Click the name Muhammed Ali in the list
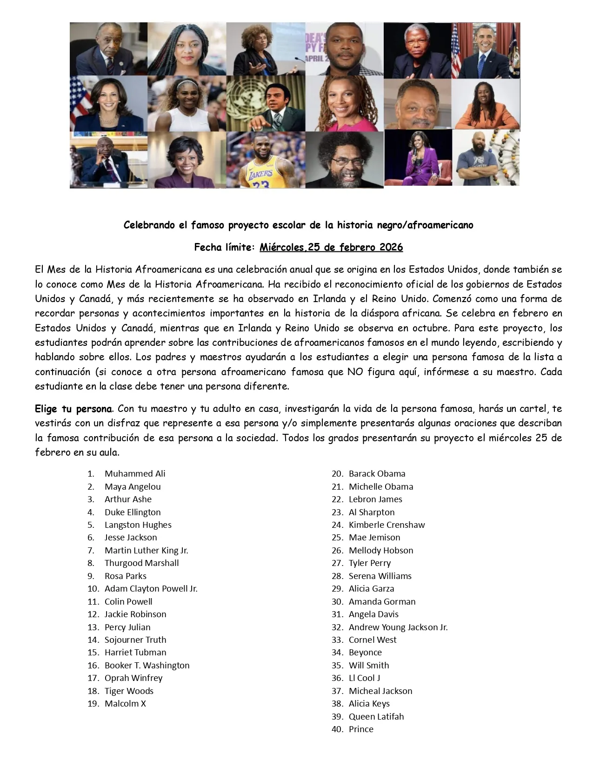(135, 474)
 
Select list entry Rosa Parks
(126, 576)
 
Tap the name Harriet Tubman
(135, 653)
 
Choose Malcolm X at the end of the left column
(125, 704)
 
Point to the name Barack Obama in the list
(377, 474)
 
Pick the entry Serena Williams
(380, 576)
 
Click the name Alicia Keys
(369, 704)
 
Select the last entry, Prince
(361, 729)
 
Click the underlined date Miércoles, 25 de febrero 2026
(331, 247)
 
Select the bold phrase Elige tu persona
(73, 409)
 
